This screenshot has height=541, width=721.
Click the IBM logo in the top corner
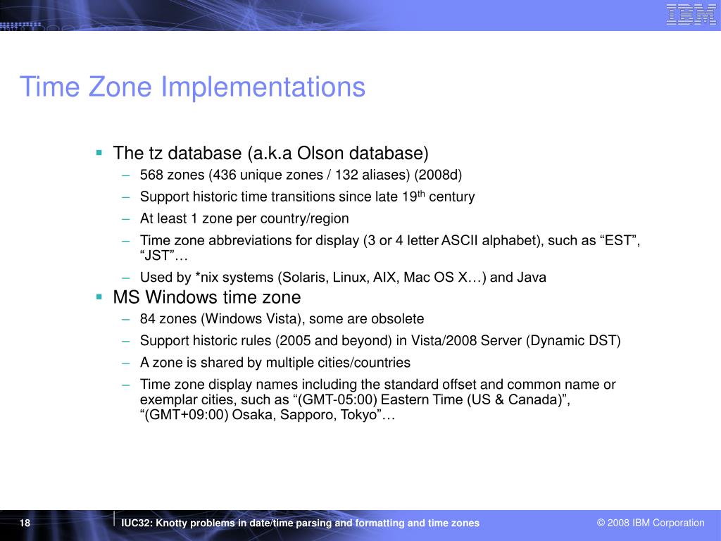pos(691,15)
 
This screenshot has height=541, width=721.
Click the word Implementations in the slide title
pos(263,87)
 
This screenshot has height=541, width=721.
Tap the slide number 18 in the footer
pos(25,523)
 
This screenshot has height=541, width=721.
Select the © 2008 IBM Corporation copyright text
pos(651,523)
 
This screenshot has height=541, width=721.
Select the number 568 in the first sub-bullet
pos(151,175)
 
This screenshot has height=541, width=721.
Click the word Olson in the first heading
pos(322,153)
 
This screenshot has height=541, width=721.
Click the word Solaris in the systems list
pos(303,278)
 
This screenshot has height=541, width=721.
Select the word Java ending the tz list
pos(532,278)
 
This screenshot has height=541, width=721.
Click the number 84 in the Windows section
pos(147,319)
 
